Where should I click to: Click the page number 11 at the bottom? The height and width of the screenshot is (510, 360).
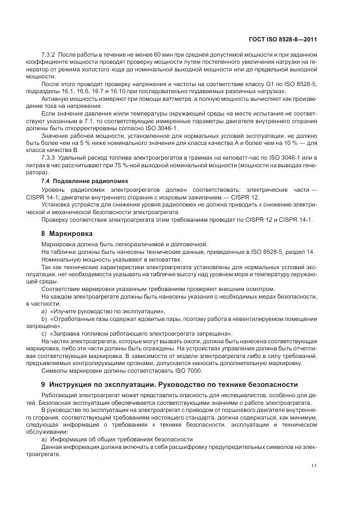(314, 465)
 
